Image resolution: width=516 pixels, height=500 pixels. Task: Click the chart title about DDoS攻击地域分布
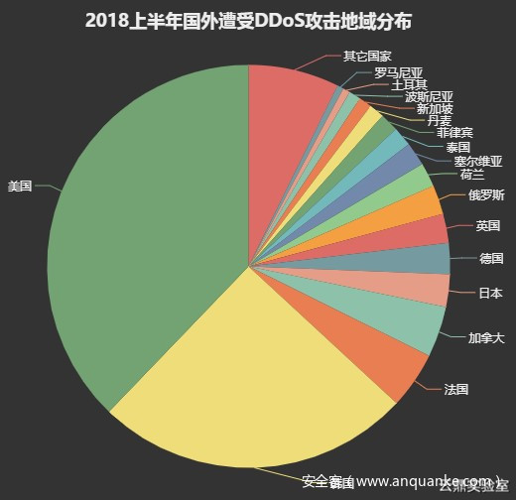[x=247, y=21]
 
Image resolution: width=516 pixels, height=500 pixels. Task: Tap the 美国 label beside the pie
[x=20, y=186]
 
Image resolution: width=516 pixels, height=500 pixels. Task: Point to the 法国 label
[x=455, y=390]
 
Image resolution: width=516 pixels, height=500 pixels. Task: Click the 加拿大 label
[x=486, y=337]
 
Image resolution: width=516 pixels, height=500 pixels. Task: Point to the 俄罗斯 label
[x=486, y=193]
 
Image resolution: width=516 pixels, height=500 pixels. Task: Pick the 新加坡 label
[x=436, y=109]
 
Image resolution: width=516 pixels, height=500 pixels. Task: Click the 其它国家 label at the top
[x=367, y=56]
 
